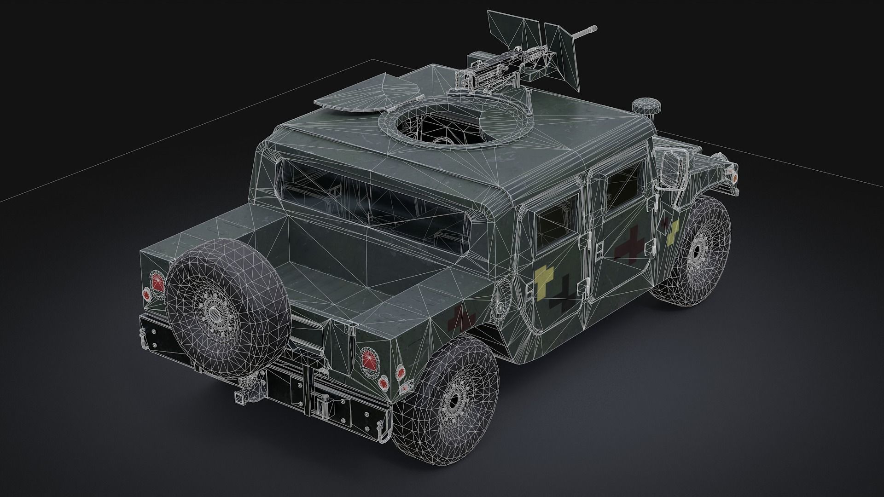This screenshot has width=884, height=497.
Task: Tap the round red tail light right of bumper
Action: tap(369, 358)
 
